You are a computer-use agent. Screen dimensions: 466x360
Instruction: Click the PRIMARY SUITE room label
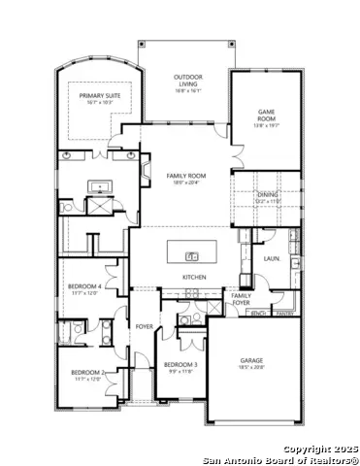point(98,96)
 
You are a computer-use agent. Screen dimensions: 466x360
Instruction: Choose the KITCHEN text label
point(195,278)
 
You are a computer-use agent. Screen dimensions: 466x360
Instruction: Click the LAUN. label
point(272,259)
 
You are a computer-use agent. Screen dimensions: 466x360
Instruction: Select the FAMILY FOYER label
point(241,298)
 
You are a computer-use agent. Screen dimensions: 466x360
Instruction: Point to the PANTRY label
point(284,314)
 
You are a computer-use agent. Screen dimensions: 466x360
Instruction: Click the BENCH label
point(259,314)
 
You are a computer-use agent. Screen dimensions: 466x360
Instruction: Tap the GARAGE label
point(251,359)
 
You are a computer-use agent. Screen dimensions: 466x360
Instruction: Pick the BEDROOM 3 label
point(180,364)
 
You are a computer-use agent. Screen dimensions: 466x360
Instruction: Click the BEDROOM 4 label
point(84,286)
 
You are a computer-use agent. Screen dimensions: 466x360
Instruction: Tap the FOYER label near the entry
point(144,326)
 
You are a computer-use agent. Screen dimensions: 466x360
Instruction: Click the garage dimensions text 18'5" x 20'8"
point(251,367)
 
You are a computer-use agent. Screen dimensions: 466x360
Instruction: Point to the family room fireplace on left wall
point(146,173)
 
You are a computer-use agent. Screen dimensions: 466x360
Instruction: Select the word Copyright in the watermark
point(307,448)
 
